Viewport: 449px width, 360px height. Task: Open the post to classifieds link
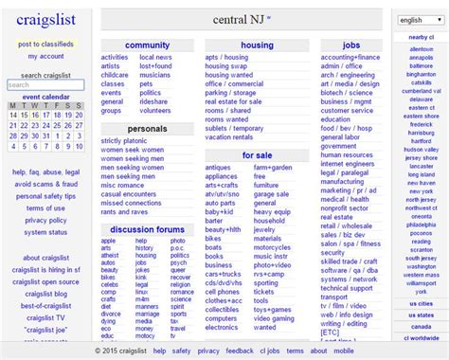(45, 44)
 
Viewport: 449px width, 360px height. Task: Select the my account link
(45, 56)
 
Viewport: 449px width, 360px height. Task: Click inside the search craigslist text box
(31, 85)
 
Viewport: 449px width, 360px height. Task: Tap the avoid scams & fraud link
(45, 184)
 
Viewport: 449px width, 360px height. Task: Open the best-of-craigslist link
(45, 305)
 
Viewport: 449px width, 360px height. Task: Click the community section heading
(147, 45)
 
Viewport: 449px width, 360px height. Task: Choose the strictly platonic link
(124, 140)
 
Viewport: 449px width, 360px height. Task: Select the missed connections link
(131, 203)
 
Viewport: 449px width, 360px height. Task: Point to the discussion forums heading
(147, 228)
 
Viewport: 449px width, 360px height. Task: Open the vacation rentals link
(229, 136)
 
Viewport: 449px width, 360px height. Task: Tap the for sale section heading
(256, 154)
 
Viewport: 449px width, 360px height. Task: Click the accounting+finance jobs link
(350, 58)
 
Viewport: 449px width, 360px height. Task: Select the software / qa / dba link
(347, 271)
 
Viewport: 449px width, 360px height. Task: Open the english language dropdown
(418, 19)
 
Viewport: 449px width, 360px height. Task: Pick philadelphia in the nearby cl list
(421, 225)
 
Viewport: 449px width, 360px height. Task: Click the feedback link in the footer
(240, 351)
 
